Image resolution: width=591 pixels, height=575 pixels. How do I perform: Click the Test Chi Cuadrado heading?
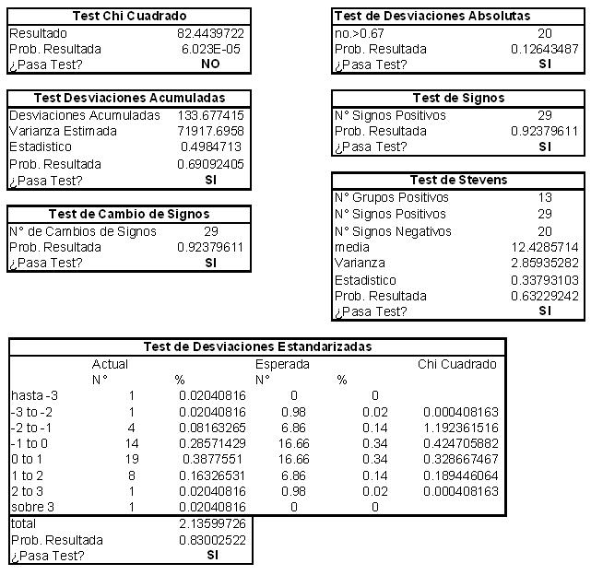pyautogui.click(x=128, y=17)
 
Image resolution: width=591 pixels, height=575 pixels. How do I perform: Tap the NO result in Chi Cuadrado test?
pyautogui.click(x=210, y=65)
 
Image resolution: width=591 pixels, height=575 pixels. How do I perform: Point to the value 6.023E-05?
pyautogui.click(x=213, y=49)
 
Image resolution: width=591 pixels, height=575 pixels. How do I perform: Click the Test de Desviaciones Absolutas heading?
pyautogui.click(x=431, y=17)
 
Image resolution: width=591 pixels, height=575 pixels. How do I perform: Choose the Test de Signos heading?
pyautogui.click(x=458, y=98)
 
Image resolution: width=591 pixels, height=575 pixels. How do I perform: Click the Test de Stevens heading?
pyautogui.click(x=458, y=181)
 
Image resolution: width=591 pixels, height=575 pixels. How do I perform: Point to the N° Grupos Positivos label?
pyautogui.click(x=392, y=197)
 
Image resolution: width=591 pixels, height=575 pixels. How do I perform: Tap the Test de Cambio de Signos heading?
pyautogui.click(x=128, y=215)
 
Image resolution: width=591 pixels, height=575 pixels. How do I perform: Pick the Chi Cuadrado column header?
pyautogui.click(x=457, y=364)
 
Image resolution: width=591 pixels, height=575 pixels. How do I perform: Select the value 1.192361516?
pyautogui.click(x=461, y=428)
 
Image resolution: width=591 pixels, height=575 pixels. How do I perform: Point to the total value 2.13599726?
pyautogui.click(x=210, y=523)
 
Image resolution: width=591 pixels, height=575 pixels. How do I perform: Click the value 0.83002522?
pyautogui.click(x=210, y=540)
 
